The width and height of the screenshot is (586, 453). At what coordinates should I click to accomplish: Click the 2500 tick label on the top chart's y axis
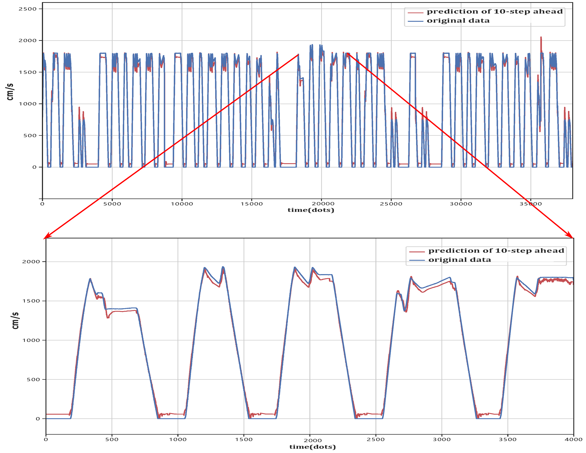coord(27,9)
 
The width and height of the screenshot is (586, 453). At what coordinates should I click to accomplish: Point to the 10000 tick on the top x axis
coord(182,204)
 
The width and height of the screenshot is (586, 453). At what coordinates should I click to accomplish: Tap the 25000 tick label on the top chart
coord(391,204)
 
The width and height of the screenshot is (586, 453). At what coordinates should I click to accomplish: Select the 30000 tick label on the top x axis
coord(461,204)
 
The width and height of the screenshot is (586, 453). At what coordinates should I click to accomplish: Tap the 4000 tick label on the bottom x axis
coord(573,439)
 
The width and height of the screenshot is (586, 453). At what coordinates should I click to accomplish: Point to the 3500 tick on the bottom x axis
coord(507,439)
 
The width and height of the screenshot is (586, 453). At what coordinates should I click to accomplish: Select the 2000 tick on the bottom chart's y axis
coord(31,261)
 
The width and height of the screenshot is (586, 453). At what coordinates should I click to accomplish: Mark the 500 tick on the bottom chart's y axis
coord(33,379)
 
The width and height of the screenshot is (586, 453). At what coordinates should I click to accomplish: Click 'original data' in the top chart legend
coord(458,21)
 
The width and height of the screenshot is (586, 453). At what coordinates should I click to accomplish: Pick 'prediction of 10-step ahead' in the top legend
coord(494,12)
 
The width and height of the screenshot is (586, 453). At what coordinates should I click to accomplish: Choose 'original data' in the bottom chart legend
coord(460,260)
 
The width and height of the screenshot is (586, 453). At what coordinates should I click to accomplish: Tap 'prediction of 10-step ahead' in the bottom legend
coord(496,251)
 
